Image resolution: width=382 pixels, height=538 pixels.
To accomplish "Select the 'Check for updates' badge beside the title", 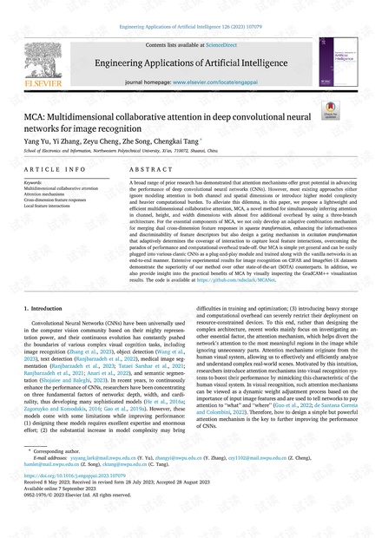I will [331, 111].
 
